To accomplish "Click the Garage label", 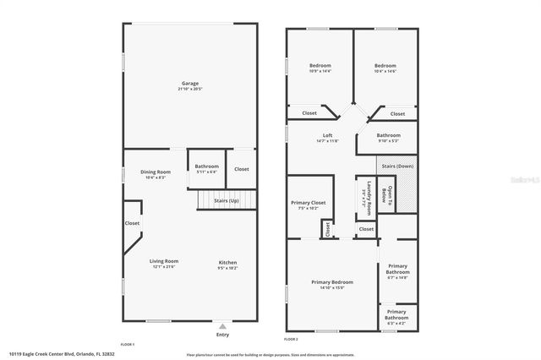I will [x=190, y=83].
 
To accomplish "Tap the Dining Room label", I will [x=156, y=172].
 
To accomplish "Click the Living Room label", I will [x=164, y=262].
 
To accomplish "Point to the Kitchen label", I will [x=228, y=262].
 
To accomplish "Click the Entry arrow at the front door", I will [x=222, y=325].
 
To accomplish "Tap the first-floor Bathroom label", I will [x=206, y=166].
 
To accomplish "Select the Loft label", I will [x=328, y=136].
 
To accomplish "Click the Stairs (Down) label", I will [x=396, y=166].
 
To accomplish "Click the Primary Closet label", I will [x=307, y=203].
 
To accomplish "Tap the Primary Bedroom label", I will [x=332, y=282].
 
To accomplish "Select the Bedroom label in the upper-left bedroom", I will [x=320, y=66].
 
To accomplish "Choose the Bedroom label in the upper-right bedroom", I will [x=385, y=66].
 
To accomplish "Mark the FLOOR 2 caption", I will [x=292, y=339].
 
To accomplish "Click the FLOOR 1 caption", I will [x=128, y=345].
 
